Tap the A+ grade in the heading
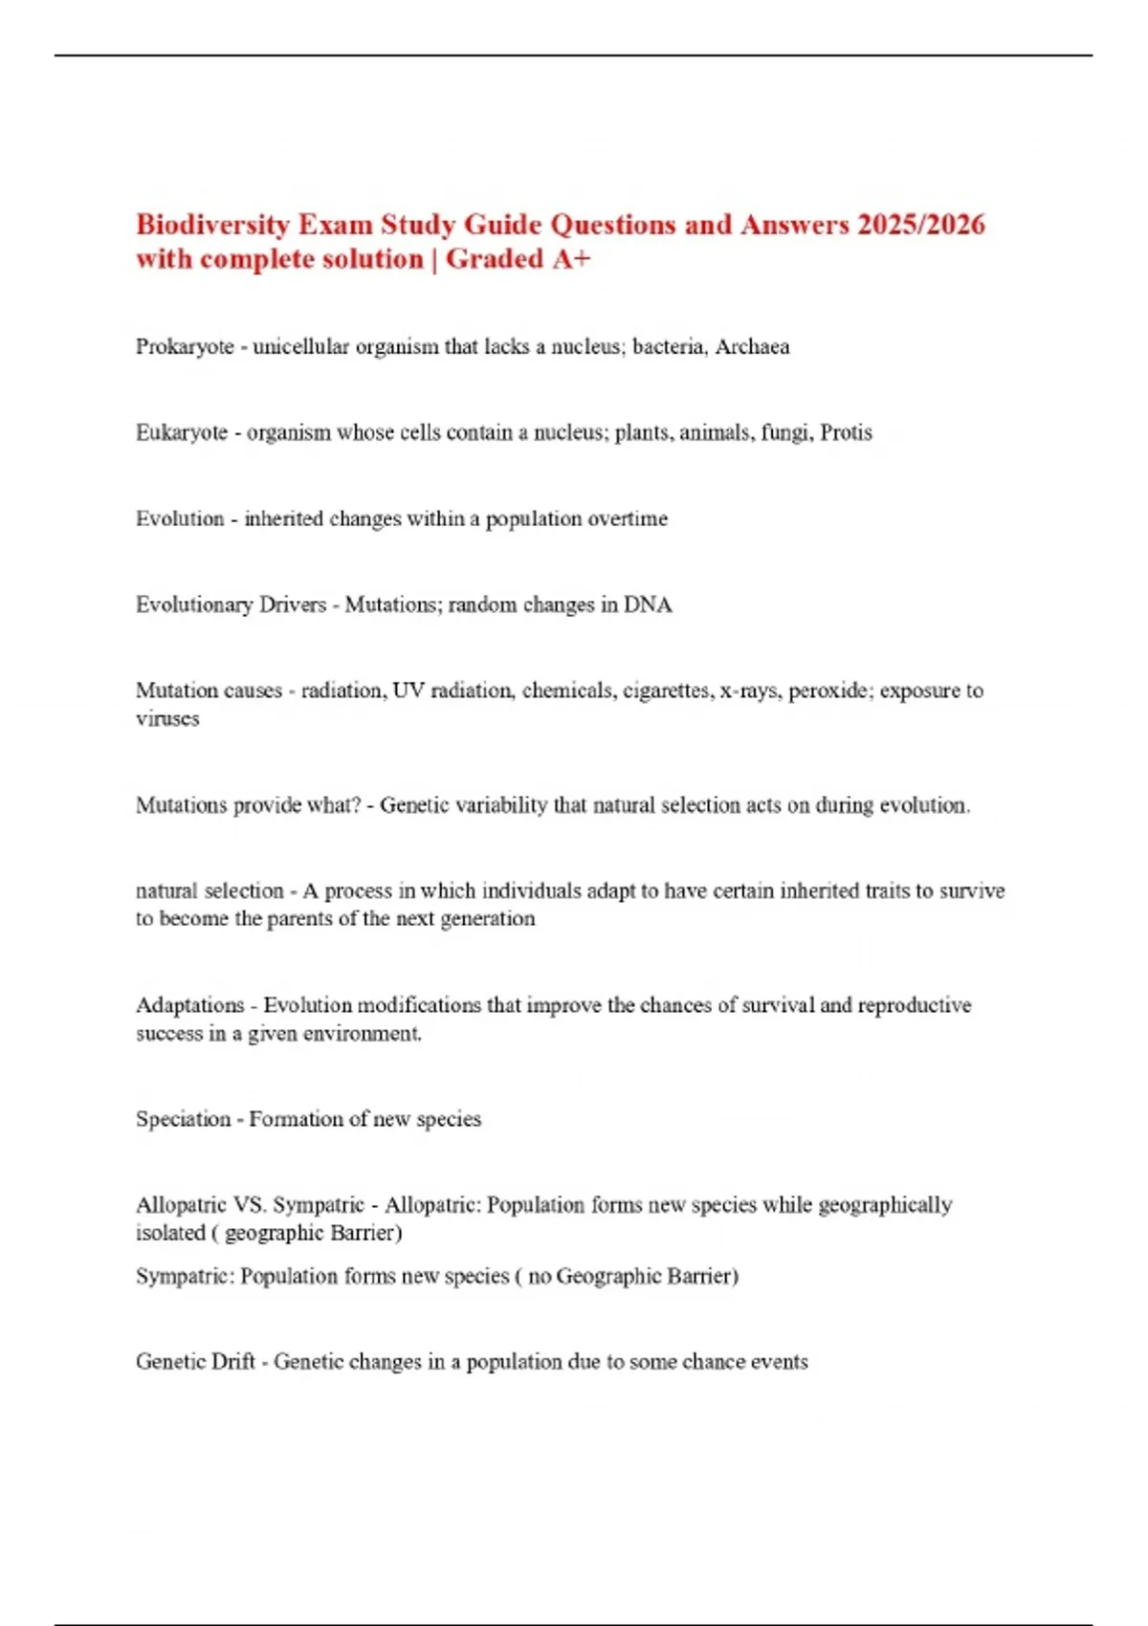pyautogui.click(x=571, y=259)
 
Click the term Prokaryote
pyautogui.click(x=185, y=347)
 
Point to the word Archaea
pyautogui.click(x=752, y=347)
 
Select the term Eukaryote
pyautogui.click(x=182, y=433)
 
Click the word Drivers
pyautogui.click(x=294, y=605)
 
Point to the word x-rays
pyautogui.click(x=750, y=691)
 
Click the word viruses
pyautogui.click(x=167, y=719)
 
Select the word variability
pyautogui.click(x=502, y=805)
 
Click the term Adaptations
pyautogui.click(x=190, y=1005)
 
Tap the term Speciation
pyautogui.click(x=184, y=1119)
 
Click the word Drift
pyautogui.click(x=233, y=1362)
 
